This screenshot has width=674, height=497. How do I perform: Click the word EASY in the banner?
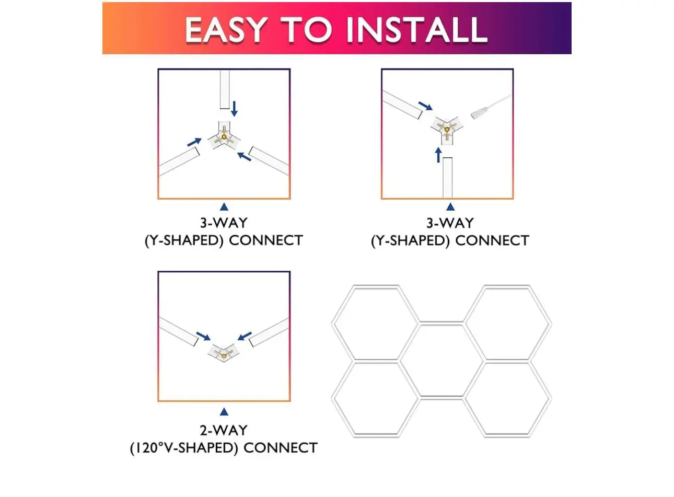226,29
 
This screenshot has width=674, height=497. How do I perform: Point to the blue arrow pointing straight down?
234,109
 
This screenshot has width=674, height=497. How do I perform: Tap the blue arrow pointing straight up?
438,155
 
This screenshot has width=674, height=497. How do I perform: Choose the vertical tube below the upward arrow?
447,178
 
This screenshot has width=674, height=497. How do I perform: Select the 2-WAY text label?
224,430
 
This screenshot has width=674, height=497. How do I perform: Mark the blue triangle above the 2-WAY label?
224,412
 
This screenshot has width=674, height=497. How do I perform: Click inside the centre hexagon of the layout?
441,360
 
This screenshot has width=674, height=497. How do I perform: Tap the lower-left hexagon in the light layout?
375,398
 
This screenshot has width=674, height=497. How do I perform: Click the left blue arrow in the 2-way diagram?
203,336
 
